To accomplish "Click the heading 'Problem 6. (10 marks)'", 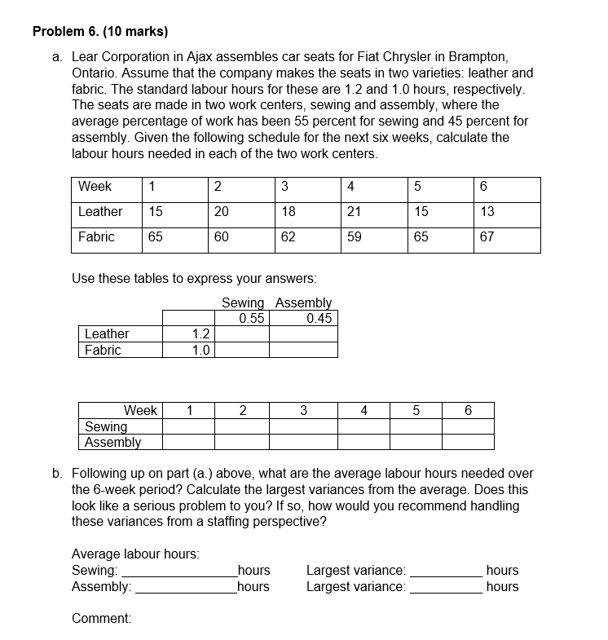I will [100, 32].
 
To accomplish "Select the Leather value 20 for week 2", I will [221, 211].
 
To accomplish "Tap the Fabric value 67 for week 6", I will [487, 236].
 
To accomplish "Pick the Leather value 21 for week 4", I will [354, 211].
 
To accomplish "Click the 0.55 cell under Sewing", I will [251, 318].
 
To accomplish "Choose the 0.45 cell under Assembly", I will [319, 318].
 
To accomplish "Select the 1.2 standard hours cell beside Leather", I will [200, 333].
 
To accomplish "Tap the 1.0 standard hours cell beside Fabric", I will [200, 350].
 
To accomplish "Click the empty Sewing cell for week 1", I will [188, 426].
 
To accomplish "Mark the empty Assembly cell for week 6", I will [468, 442].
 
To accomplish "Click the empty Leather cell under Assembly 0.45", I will [303, 333].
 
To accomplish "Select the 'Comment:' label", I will [102, 619].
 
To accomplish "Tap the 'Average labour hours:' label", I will [135, 554].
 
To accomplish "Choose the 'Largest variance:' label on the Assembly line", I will [355, 586].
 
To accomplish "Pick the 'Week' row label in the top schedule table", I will [95, 186].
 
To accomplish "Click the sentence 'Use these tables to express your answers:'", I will [194, 278].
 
